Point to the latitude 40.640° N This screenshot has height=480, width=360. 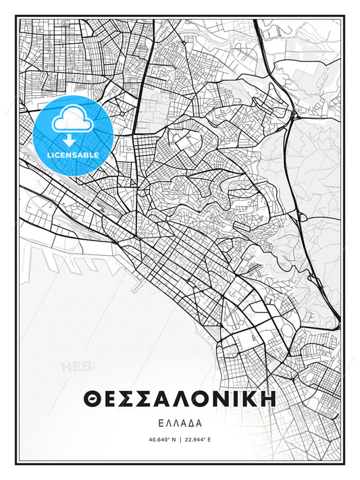[159, 439]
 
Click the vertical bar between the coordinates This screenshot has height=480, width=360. [180, 439]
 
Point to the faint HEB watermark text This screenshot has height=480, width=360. [78, 367]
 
